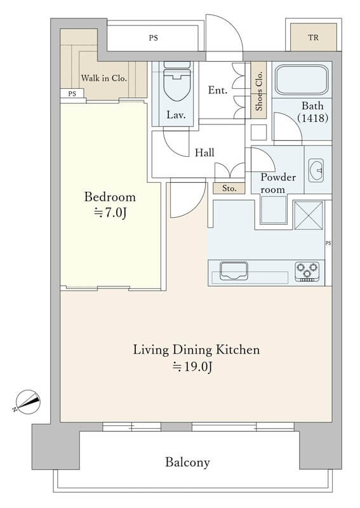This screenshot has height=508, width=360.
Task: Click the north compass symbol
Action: click(27, 402)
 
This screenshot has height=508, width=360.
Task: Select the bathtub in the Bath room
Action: click(302, 80)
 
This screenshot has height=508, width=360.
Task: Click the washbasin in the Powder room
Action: click(316, 170)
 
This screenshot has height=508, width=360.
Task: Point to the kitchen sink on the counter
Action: click(234, 271)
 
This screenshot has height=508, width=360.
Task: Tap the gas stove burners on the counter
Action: click(307, 272)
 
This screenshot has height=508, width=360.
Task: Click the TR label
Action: click(314, 37)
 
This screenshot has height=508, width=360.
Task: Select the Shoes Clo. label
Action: click(259, 91)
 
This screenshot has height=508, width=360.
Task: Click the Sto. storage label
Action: click(229, 188)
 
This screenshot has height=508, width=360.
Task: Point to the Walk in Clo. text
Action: click(103, 78)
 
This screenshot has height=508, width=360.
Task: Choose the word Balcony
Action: click(187, 462)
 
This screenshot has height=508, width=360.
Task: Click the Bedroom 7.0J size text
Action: click(110, 213)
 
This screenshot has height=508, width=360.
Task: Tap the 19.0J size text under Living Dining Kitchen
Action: click(192, 367)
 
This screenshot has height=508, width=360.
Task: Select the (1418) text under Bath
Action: click(312, 117)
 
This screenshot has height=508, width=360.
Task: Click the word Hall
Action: click(204, 152)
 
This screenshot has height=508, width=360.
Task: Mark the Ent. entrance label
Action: click(217, 90)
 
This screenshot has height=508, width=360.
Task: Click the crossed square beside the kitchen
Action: click(309, 215)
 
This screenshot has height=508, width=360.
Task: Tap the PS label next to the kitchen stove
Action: click(328, 243)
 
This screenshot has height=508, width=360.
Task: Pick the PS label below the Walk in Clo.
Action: click(72, 93)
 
